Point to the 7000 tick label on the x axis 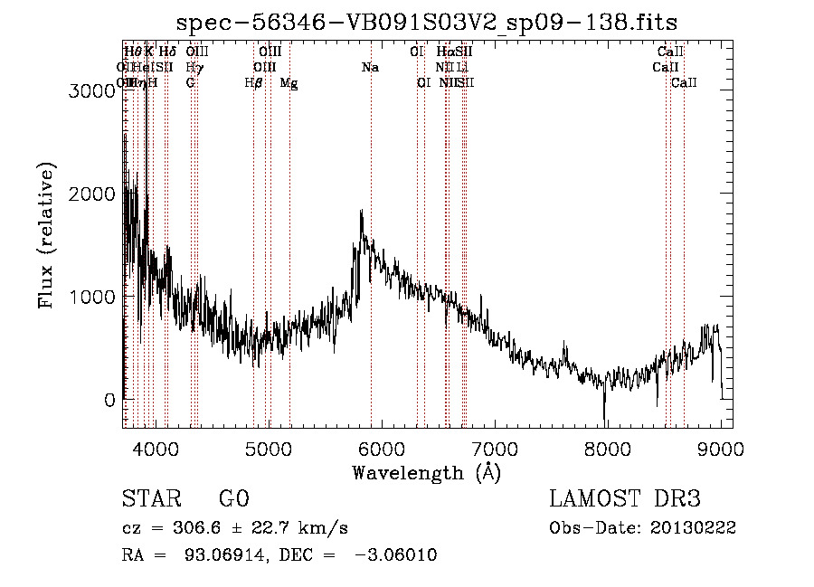pyautogui.click(x=495, y=449)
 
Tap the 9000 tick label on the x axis pyautogui.click(x=721, y=449)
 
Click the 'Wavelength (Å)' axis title pyautogui.click(x=426, y=472)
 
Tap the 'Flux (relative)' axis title pyautogui.click(x=47, y=235)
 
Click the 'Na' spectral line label pyautogui.click(x=370, y=68)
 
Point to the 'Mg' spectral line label pyautogui.click(x=289, y=83)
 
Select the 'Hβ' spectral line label pyautogui.click(x=253, y=83)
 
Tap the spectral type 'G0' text pyautogui.click(x=234, y=499)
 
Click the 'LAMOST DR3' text pyautogui.click(x=625, y=499)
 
